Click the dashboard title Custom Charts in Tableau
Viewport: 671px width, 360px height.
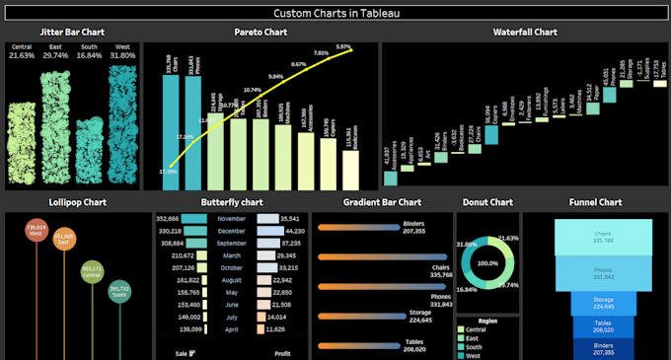pyautogui.click(x=335, y=13)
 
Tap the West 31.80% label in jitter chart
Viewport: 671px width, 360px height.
pyautogui.click(x=122, y=51)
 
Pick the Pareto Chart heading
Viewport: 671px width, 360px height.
pyautogui.click(x=261, y=33)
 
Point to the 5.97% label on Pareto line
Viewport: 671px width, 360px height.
pyautogui.click(x=343, y=47)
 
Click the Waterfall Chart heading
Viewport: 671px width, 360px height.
pyautogui.click(x=524, y=33)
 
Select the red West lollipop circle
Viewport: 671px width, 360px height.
pyautogui.click(x=35, y=232)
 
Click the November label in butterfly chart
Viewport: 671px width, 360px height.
pyautogui.click(x=231, y=218)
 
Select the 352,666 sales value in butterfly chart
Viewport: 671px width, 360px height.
pyautogui.click(x=168, y=218)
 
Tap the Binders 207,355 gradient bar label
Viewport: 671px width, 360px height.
pyautogui.click(x=413, y=228)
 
